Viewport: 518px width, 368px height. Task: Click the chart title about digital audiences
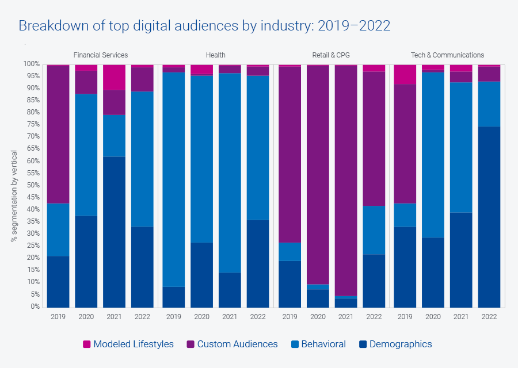204,26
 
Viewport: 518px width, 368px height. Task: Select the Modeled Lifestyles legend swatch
87,344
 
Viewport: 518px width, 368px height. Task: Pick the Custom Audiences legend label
237,344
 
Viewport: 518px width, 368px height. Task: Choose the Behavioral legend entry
323,344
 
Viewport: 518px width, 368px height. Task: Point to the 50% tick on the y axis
32,185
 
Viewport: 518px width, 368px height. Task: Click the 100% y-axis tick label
31,64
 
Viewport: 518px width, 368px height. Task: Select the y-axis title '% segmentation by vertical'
14,196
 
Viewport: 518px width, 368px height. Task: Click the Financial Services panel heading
101,55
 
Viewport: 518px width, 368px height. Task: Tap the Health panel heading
216,55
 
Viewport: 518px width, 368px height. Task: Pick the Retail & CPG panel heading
331,55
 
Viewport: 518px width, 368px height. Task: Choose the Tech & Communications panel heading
447,55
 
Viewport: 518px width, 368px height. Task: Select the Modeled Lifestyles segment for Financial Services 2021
114,77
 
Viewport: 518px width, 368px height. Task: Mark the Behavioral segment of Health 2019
173,179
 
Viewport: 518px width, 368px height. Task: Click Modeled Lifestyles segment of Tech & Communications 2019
405,74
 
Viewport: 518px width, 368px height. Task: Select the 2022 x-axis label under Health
258,316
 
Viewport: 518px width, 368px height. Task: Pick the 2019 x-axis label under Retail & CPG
290,316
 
